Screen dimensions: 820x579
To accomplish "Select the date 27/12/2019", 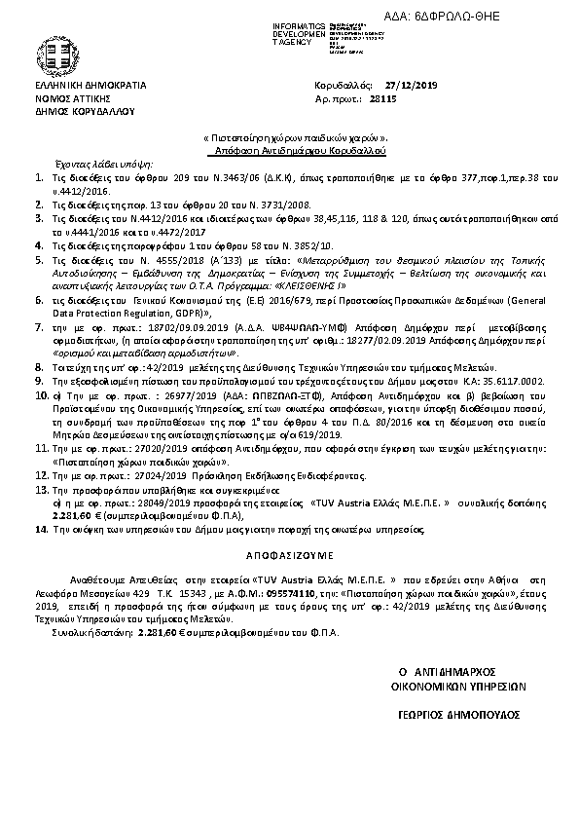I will [412, 86].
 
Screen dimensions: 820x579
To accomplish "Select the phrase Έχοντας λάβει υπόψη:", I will [98, 166].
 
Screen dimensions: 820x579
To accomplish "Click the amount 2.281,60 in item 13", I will [68, 515].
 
